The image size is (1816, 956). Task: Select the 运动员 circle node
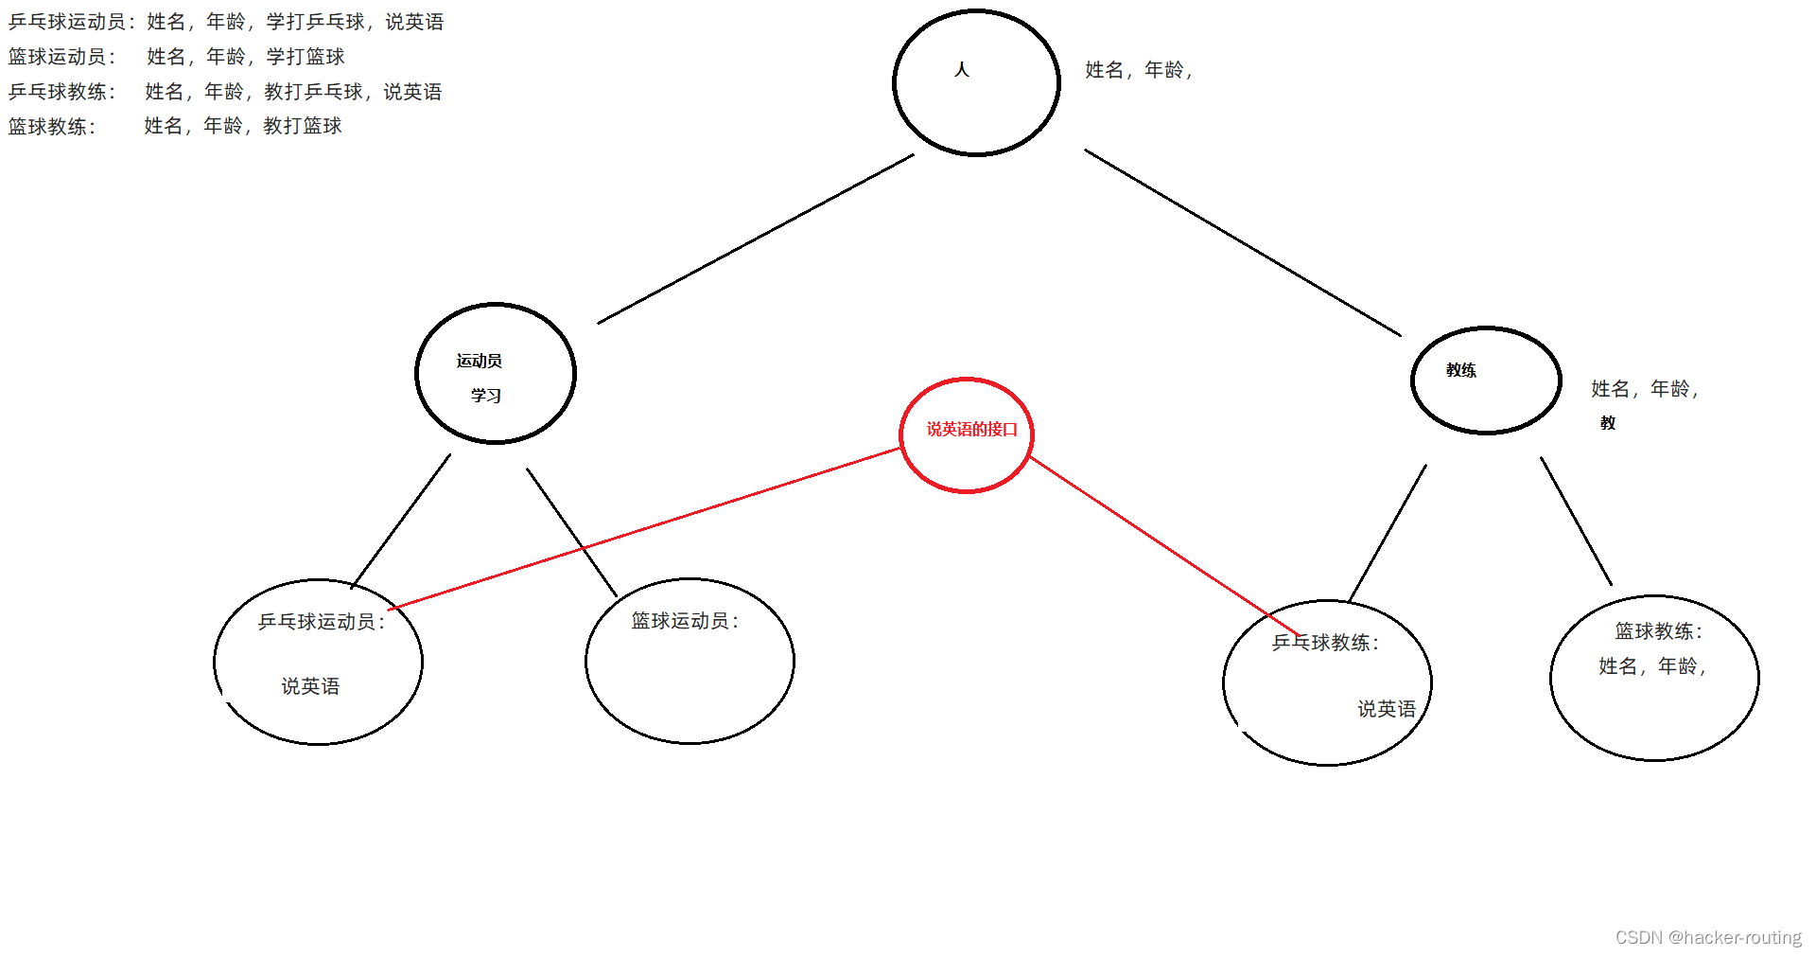point(495,372)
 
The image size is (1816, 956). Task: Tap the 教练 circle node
point(1485,380)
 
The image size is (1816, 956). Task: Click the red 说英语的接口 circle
point(966,434)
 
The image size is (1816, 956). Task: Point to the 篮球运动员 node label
point(685,621)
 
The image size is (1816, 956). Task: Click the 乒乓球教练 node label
point(1325,643)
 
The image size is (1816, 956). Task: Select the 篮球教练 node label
point(1658,631)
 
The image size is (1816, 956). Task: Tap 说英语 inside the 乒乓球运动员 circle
point(310,686)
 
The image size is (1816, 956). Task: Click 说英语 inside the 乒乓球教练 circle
point(1387,709)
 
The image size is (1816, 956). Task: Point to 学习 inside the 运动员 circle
point(486,396)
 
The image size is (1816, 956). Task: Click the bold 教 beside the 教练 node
point(1608,423)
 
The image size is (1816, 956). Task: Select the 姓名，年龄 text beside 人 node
point(1138,70)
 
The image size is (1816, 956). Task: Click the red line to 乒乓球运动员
point(643,528)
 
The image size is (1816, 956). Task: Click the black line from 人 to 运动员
point(757,239)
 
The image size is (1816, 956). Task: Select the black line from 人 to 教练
point(1242,242)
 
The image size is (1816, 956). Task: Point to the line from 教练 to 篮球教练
point(1576,521)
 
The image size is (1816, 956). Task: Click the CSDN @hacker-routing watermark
point(1708,937)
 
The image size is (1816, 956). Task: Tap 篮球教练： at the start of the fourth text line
point(52,127)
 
